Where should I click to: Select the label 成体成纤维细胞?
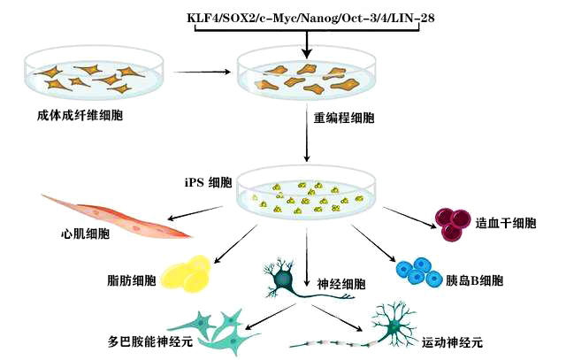pos(67,115)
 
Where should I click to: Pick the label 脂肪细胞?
pos(130,281)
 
